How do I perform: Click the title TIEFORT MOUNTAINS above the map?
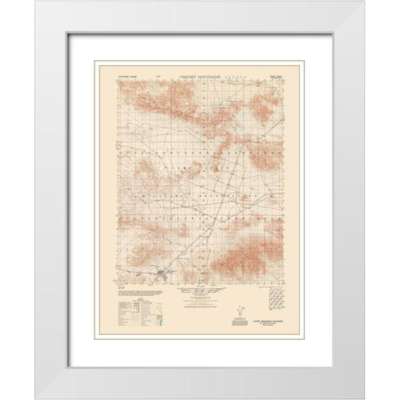coord(201,72)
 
